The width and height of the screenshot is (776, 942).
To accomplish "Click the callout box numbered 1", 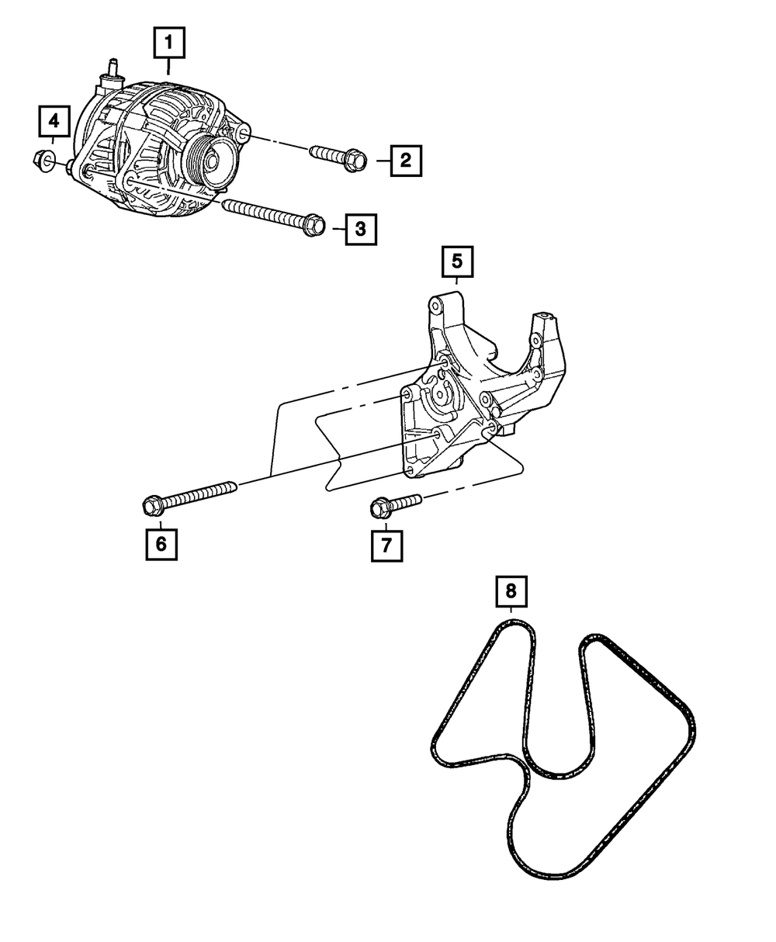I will [x=169, y=43].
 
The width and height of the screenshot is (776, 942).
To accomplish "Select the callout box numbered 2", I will [x=405, y=161].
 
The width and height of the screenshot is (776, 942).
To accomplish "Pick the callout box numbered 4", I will [x=54, y=120].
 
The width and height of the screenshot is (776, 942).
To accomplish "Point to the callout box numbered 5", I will [x=457, y=262].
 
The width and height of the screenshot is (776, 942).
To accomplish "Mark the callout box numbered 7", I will [x=386, y=545].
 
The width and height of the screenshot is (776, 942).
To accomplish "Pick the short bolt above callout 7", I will [x=395, y=504].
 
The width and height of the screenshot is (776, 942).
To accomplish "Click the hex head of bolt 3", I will [x=313, y=225].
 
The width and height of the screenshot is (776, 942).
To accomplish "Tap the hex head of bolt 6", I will [x=152, y=506].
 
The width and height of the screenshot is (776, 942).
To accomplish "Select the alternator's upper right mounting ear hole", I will [x=242, y=134].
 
